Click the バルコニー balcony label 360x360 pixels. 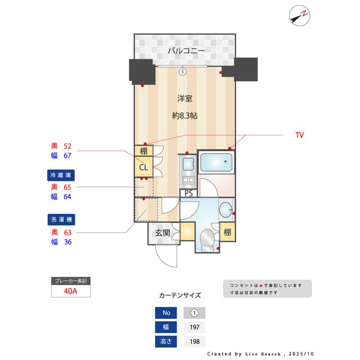[185, 51]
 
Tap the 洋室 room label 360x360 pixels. [185, 98]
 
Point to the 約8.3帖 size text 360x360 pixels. [185, 116]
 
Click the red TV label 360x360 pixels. [299, 136]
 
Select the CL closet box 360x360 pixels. [143, 166]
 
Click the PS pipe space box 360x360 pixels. [188, 193]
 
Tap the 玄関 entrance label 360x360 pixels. [163, 232]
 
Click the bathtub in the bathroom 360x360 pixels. [217, 164]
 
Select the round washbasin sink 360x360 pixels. [226, 209]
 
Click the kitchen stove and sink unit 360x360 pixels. [188, 171]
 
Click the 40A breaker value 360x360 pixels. [70, 291]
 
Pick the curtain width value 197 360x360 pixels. [194, 327]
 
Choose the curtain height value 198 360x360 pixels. [194, 341]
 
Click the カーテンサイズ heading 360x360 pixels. [180, 295]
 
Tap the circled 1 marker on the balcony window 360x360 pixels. [182, 71]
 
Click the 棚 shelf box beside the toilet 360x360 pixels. [227, 232]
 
